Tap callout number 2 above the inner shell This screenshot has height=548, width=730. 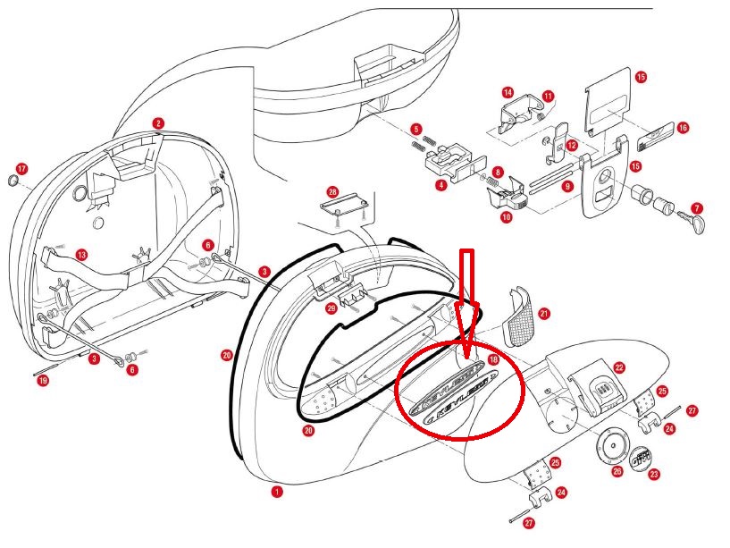tap(158, 123)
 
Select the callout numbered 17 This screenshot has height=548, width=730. tap(22, 168)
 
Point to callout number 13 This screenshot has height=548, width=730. tap(81, 255)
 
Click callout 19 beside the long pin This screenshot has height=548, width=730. tap(43, 382)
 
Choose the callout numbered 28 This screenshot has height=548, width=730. tap(332, 192)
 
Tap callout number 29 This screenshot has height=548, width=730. tap(331, 308)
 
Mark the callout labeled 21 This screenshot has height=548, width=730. tap(544, 314)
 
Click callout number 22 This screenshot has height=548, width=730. tap(618, 367)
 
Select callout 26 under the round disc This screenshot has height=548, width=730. tap(617, 471)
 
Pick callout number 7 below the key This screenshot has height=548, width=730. tap(696, 207)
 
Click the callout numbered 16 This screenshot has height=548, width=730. tap(683, 128)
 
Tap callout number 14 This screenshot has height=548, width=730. tap(508, 92)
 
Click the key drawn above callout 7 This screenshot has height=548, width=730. tap(692, 223)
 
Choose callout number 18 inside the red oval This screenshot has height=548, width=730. tap(493, 360)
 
